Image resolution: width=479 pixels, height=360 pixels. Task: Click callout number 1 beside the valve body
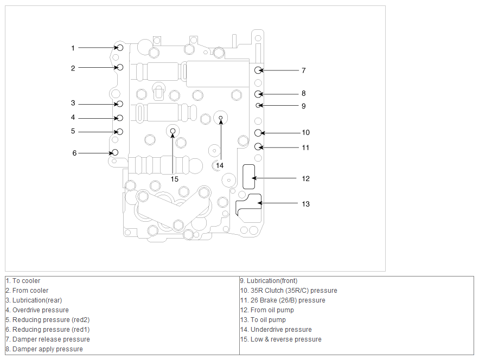(x=73, y=48)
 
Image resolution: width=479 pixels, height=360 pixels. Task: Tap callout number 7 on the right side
(x=304, y=70)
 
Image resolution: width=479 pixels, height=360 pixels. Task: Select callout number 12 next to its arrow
(x=306, y=178)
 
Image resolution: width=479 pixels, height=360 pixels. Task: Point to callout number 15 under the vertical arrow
(x=175, y=179)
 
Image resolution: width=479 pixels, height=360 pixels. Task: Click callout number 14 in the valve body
(x=220, y=165)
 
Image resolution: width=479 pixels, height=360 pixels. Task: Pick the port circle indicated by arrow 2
(x=120, y=67)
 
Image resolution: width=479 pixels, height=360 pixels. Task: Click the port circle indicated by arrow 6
(x=115, y=152)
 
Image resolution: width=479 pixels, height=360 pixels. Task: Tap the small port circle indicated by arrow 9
(x=258, y=105)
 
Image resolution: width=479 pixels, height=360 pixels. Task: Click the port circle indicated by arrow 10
(x=258, y=133)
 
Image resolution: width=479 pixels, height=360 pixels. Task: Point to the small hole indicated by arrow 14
(x=221, y=118)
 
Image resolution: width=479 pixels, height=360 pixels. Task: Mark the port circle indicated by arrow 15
(x=173, y=131)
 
